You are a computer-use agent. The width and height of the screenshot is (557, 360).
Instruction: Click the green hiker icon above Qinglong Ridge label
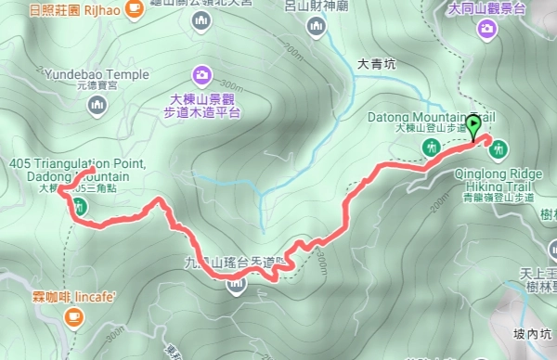click(499, 148)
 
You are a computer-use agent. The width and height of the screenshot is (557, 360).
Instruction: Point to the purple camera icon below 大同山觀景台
click(486, 30)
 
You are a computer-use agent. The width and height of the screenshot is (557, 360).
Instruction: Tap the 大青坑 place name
click(376, 65)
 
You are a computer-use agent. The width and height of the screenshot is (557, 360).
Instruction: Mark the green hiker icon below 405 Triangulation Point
click(81, 206)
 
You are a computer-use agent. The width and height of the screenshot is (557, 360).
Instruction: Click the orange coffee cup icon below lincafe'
click(72, 317)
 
